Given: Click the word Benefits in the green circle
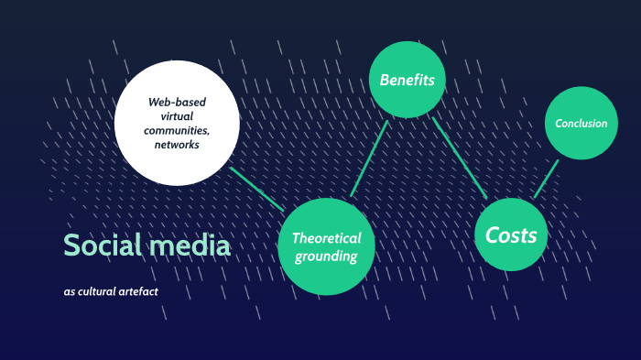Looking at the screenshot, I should pyautogui.click(x=407, y=80).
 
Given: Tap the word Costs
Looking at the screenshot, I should pyautogui.click(x=511, y=235).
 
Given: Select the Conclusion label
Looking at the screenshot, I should pyautogui.click(x=581, y=123).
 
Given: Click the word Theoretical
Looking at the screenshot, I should pyautogui.click(x=326, y=238).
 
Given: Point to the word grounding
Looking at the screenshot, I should pyautogui.click(x=326, y=256).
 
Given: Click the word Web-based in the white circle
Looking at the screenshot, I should pyautogui.click(x=177, y=101).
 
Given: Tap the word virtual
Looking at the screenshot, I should pyautogui.click(x=177, y=115).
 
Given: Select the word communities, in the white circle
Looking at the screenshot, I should pyautogui.click(x=177, y=130).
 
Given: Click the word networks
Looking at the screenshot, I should pyautogui.click(x=177, y=145).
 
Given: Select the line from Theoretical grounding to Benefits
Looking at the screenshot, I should pyautogui.click(x=370, y=158).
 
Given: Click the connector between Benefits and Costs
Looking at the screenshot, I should pyautogui.click(x=459, y=157).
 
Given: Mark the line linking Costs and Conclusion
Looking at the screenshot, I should pyautogui.click(x=547, y=179).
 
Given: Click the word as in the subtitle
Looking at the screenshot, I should pyautogui.click(x=70, y=292).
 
